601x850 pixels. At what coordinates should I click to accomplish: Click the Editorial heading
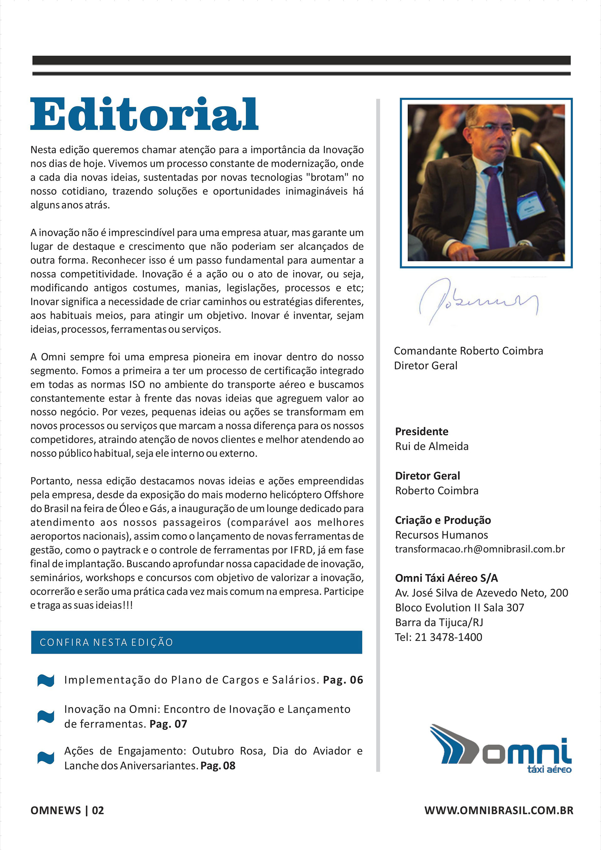144,114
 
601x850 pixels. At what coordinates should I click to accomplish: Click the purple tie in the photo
497,208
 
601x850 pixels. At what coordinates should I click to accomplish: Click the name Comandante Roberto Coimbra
468,351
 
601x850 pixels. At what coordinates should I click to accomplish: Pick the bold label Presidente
422,431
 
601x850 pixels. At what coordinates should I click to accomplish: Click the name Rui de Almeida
432,446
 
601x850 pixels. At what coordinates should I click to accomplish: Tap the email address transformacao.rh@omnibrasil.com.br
480,549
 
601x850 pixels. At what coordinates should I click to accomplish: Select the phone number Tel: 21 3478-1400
439,637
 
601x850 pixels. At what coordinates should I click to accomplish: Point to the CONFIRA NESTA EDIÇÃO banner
197,642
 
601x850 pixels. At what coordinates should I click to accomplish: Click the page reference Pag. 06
343,680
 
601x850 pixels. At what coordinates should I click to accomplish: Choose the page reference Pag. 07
168,724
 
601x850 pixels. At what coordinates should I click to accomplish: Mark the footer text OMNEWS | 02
67,810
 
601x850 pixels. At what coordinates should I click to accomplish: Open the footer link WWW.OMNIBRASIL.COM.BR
499,810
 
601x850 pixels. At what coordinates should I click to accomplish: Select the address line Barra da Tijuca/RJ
439,622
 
